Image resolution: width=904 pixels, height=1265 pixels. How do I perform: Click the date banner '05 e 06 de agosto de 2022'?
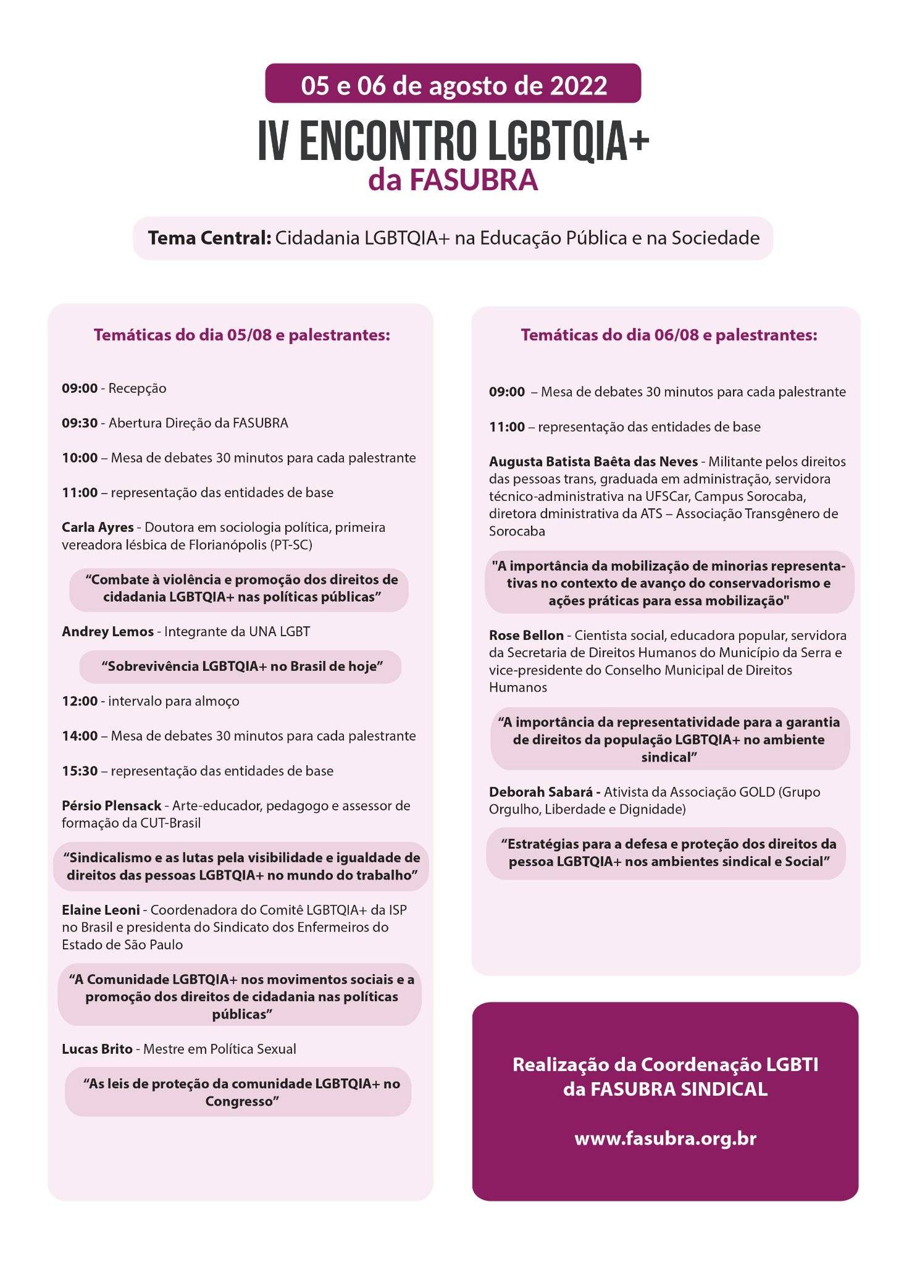coord(453,85)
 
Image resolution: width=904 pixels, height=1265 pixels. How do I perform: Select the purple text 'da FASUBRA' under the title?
coord(453,180)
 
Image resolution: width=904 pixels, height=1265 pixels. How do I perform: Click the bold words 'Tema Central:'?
coord(209,238)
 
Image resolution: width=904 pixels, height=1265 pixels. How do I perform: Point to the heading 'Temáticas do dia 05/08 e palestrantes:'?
coord(241,335)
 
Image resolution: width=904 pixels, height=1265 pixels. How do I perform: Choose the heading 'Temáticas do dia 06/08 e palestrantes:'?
coord(669,335)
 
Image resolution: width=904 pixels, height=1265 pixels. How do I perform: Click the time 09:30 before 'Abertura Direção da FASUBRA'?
coord(80,423)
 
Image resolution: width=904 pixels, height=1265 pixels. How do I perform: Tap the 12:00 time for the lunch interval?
coord(80,701)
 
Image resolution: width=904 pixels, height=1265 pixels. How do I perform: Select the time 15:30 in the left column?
coord(80,771)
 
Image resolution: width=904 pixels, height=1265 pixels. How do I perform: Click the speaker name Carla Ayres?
coord(98,527)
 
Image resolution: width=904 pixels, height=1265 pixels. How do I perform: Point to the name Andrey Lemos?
coord(107,631)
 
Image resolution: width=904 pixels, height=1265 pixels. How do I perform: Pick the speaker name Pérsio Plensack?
coord(111,805)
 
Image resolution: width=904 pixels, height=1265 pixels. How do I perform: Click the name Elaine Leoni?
coord(101,910)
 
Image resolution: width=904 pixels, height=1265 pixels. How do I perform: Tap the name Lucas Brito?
coord(97,1049)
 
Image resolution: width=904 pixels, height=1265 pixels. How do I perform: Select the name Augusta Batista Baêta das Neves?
coord(593,461)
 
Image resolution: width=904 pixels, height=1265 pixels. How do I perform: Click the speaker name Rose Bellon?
coord(526,635)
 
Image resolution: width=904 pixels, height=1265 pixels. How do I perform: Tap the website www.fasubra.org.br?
coord(665,1138)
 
